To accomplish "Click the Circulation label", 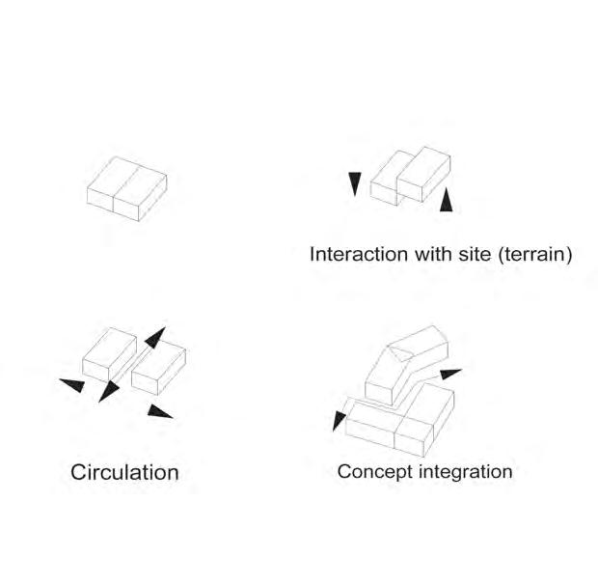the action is (x=124, y=473).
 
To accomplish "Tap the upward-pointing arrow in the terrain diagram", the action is (x=445, y=202).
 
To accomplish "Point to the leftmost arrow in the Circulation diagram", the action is (x=72, y=385).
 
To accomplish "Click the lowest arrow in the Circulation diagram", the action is (x=160, y=412).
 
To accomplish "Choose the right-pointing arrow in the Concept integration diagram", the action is (x=449, y=374).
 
